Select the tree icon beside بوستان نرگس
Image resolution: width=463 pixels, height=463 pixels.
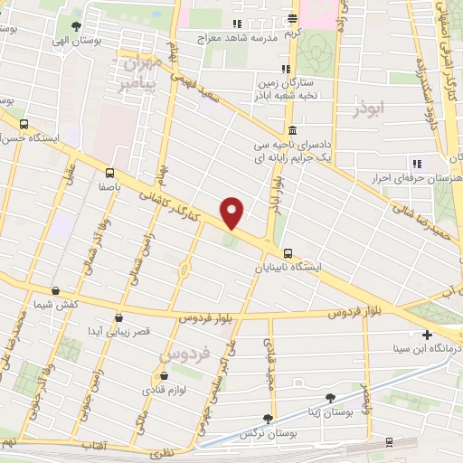(267, 419)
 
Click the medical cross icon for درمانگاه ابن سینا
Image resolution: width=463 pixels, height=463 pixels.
(427, 334)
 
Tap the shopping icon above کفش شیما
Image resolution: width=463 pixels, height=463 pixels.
(56, 291)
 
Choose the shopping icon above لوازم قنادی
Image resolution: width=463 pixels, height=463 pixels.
(164, 376)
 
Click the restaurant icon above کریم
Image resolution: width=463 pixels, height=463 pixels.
(291, 18)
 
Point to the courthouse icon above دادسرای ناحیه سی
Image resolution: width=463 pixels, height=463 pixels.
(291, 130)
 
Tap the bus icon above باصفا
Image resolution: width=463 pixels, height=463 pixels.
(109, 172)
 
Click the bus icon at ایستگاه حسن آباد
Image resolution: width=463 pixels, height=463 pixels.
(24, 125)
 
